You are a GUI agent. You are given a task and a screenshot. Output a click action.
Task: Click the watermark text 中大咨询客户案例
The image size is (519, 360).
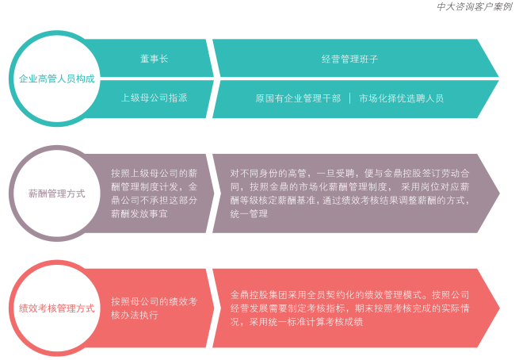[x=475, y=6]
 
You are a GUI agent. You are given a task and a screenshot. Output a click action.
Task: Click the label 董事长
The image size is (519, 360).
[x=155, y=59]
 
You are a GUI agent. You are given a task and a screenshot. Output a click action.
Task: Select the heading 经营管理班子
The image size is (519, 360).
[x=349, y=59]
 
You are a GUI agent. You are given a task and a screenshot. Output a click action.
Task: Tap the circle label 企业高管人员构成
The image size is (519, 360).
[x=57, y=79]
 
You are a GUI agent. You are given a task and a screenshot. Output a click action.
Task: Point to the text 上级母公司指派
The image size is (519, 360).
[x=155, y=98]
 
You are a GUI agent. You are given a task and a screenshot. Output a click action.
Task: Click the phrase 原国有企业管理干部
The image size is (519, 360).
[x=298, y=98]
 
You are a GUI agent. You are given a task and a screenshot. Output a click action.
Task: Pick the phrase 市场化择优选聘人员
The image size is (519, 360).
[x=401, y=98]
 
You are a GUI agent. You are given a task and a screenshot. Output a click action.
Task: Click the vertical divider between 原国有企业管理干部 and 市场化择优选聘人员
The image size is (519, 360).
[x=350, y=98]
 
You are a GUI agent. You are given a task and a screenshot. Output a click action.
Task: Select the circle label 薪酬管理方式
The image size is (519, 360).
[x=57, y=193]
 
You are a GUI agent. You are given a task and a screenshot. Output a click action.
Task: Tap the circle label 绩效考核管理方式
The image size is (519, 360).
[x=57, y=308]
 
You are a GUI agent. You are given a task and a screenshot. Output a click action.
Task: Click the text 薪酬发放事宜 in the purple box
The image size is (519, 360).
[x=139, y=214]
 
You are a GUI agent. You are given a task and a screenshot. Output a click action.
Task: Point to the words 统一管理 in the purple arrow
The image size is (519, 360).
[x=249, y=214]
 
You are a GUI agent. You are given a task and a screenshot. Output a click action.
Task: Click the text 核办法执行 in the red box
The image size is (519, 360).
[x=135, y=315]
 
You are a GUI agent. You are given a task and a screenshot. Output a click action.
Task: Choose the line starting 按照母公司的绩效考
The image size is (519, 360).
[x=155, y=301]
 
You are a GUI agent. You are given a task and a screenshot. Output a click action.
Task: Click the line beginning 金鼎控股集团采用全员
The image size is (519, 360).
[x=350, y=295]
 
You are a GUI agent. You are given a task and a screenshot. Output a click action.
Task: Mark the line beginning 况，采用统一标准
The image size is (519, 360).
[x=296, y=322]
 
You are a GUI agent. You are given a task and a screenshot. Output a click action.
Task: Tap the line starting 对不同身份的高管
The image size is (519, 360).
[x=350, y=173]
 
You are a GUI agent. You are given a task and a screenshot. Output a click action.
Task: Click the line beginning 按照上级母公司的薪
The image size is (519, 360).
[x=155, y=173]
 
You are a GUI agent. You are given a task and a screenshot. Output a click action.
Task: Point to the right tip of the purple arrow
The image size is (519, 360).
[x=499, y=193]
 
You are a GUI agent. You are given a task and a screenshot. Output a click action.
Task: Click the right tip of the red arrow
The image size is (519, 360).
[x=499, y=308]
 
